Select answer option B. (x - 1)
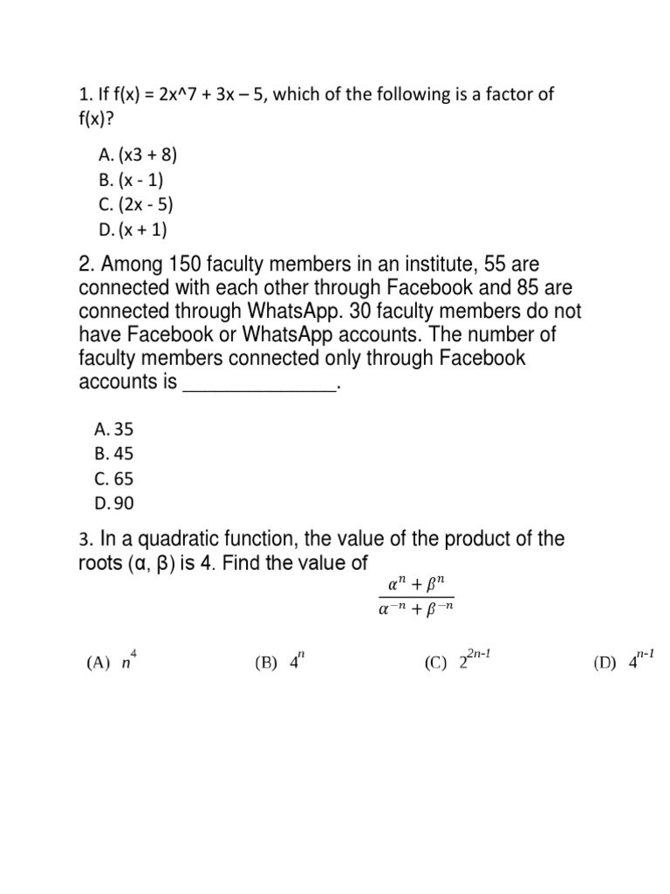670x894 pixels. tap(132, 181)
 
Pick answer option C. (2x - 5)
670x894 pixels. tap(136, 206)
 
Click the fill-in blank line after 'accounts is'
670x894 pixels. tap(258, 384)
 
